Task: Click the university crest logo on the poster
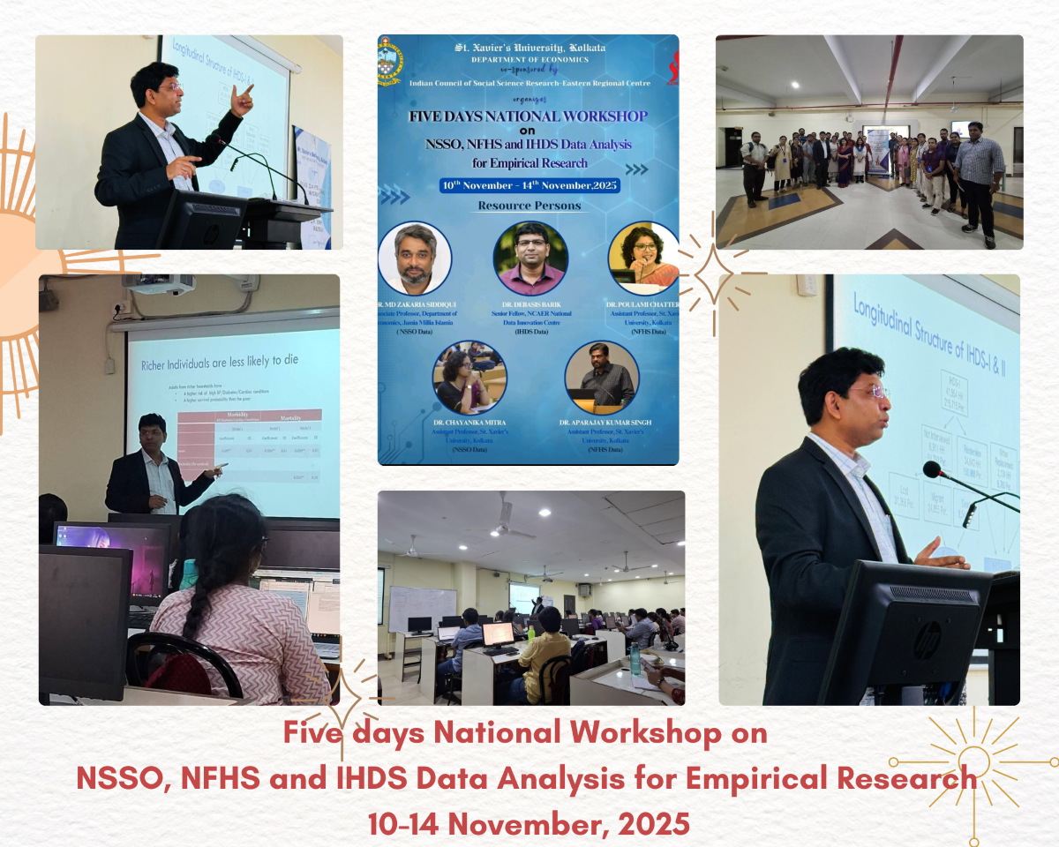click(x=389, y=61)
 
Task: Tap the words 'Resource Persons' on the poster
click(x=529, y=206)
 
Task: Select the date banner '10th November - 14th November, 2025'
click(x=529, y=185)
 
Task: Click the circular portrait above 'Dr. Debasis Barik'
click(x=529, y=258)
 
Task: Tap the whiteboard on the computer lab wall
click(x=422, y=608)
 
